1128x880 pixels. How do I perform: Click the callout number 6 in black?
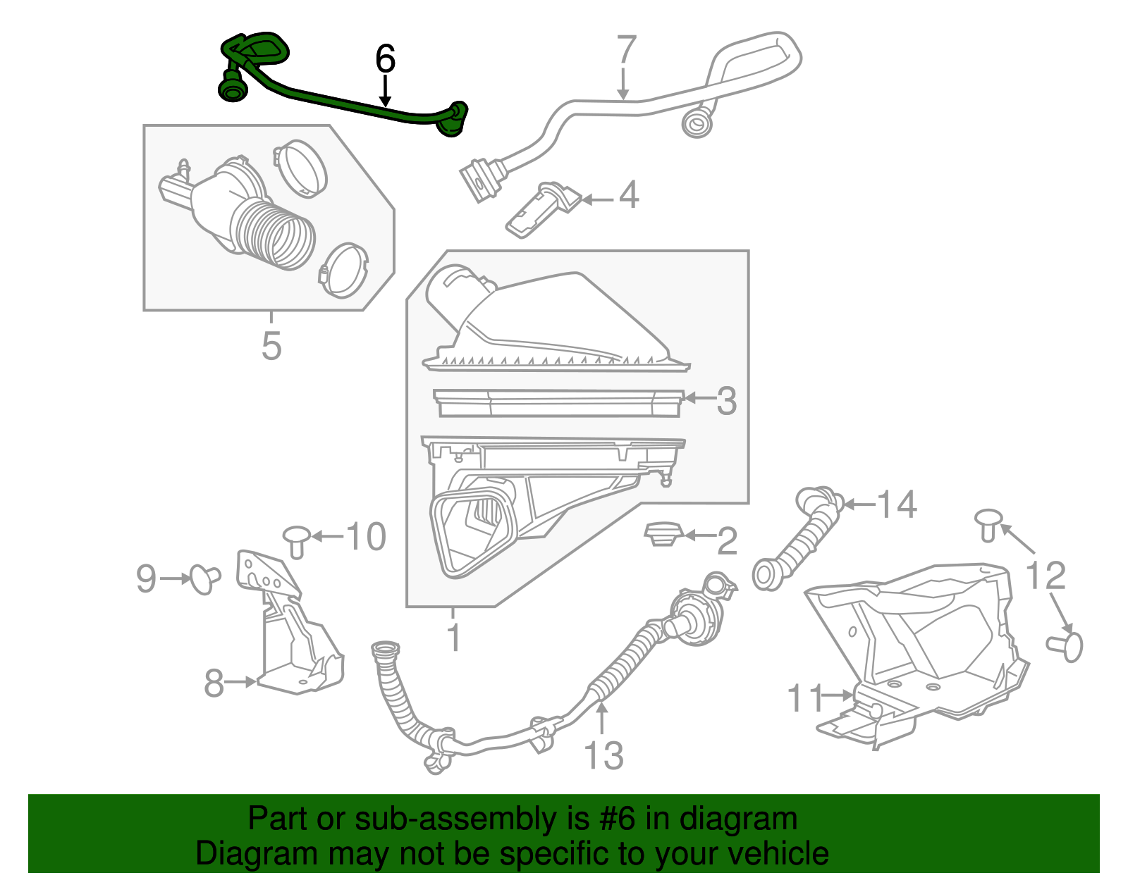click(x=385, y=59)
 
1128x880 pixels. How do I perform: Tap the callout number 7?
click(x=625, y=50)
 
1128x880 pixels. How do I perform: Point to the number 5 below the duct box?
click(x=271, y=347)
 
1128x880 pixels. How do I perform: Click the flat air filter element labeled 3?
click(x=557, y=404)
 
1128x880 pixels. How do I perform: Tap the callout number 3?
click(x=726, y=401)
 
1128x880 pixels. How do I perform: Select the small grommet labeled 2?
click(x=661, y=533)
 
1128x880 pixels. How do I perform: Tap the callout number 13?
click(x=604, y=756)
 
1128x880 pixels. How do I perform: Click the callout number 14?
click(x=896, y=504)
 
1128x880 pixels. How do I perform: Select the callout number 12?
click(x=1045, y=576)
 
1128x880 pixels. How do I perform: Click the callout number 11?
click(x=805, y=698)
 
